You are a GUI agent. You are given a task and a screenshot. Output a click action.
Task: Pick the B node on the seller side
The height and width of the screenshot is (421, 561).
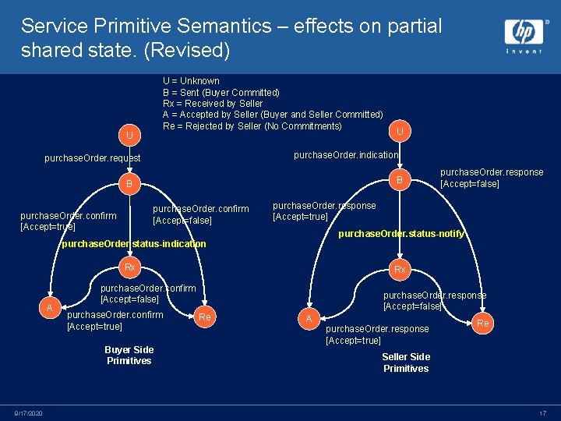click(x=399, y=180)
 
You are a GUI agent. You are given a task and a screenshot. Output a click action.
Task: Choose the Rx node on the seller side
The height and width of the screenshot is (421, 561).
click(x=399, y=269)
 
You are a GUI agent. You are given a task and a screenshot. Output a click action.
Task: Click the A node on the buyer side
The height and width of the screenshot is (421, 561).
click(x=49, y=308)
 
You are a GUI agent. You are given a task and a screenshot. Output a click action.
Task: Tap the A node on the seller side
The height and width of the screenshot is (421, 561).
click(x=309, y=318)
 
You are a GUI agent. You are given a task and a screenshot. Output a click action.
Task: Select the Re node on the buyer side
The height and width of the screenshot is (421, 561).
click(x=205, y=317)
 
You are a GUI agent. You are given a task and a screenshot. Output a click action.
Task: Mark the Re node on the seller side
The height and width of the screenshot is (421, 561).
click(x=483, y=323)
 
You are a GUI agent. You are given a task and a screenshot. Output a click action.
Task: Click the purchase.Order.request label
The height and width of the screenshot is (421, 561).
click(x=93, y=158)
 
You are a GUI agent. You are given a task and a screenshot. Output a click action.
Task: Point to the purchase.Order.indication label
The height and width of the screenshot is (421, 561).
click(x=346, y=154)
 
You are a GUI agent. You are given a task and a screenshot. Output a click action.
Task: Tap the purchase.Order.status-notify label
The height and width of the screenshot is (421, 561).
click(x=400, y=234)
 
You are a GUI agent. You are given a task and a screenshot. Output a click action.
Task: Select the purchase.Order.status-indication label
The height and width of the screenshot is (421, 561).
click(x=134, y=244)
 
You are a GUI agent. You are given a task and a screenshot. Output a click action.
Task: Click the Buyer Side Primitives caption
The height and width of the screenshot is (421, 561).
click(x=129, y=356)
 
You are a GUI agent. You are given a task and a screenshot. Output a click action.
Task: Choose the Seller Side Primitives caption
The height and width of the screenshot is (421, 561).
click(x=406, y=363)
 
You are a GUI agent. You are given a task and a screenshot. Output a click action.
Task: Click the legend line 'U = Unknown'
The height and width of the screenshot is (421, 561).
click(x=191, y=81)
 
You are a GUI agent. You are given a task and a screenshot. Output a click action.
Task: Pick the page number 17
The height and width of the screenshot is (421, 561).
click(x=542, y=412)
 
